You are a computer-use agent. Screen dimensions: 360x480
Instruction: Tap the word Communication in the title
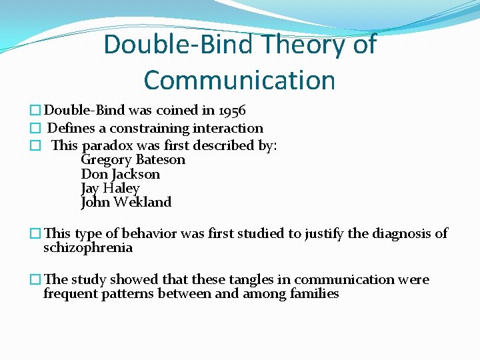[239, 80]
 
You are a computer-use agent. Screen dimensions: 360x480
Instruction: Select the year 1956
[232, 111]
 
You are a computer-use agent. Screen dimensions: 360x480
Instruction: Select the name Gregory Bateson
[133, 160]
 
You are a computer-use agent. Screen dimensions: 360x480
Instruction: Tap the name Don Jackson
[120, 174]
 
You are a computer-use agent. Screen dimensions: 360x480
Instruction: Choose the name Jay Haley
[110, 188]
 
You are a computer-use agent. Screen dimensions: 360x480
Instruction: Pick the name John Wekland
[126, 202]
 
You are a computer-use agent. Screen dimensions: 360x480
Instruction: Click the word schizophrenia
[88, 248]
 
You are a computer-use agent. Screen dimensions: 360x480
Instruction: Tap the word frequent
[71, 294]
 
